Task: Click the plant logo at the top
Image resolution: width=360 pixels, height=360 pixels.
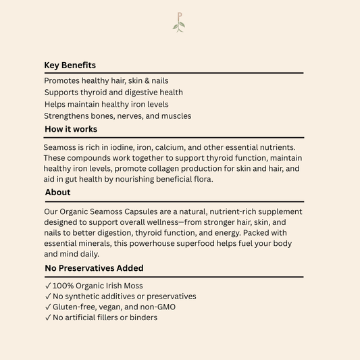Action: click(179, 22)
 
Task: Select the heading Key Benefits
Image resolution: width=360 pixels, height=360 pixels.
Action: click(70, 66)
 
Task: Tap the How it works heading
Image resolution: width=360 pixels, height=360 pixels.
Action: click(71, 129)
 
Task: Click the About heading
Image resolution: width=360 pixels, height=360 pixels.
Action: click(58, 192)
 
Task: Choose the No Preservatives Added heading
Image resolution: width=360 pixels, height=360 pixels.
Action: click(94, 268)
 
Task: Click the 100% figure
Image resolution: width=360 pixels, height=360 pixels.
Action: click(63, 286)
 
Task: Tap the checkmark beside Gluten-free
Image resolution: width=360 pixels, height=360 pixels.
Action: click(47, 307)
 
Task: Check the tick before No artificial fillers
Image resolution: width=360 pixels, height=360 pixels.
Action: click(47, 317)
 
